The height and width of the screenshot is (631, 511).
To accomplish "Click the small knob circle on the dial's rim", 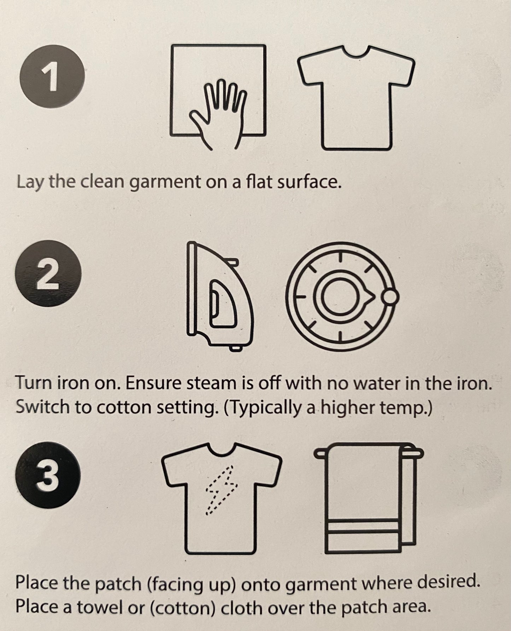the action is pos(390,297).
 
